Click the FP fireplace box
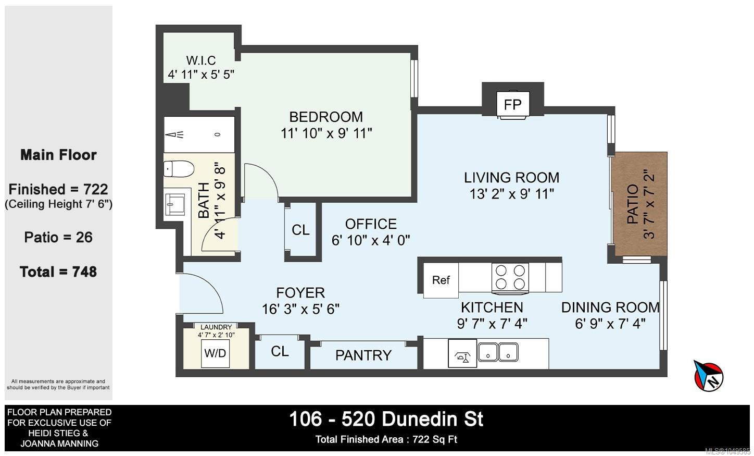pos(513,105)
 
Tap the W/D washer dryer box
pos(215,353)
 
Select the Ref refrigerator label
pos(441,280)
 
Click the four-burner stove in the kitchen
pos(510,278)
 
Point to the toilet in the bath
pos(179,169)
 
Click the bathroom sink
pos(174,204)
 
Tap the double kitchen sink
pos(498,352)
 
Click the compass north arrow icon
pos(708,376)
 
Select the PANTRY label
pos(363,355)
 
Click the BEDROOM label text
pos(326,117)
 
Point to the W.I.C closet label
pos(201,60)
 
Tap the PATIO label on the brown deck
pos(633,204)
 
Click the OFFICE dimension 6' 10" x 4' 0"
pos(371,240)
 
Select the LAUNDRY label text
pos(216,327)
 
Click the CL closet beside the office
pos(300,230)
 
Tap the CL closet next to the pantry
pos(280,352)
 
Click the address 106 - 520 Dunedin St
pos(386,420)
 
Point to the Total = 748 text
pos(58,272)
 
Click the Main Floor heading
pos(58,155)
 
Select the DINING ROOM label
pos(610,307)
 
